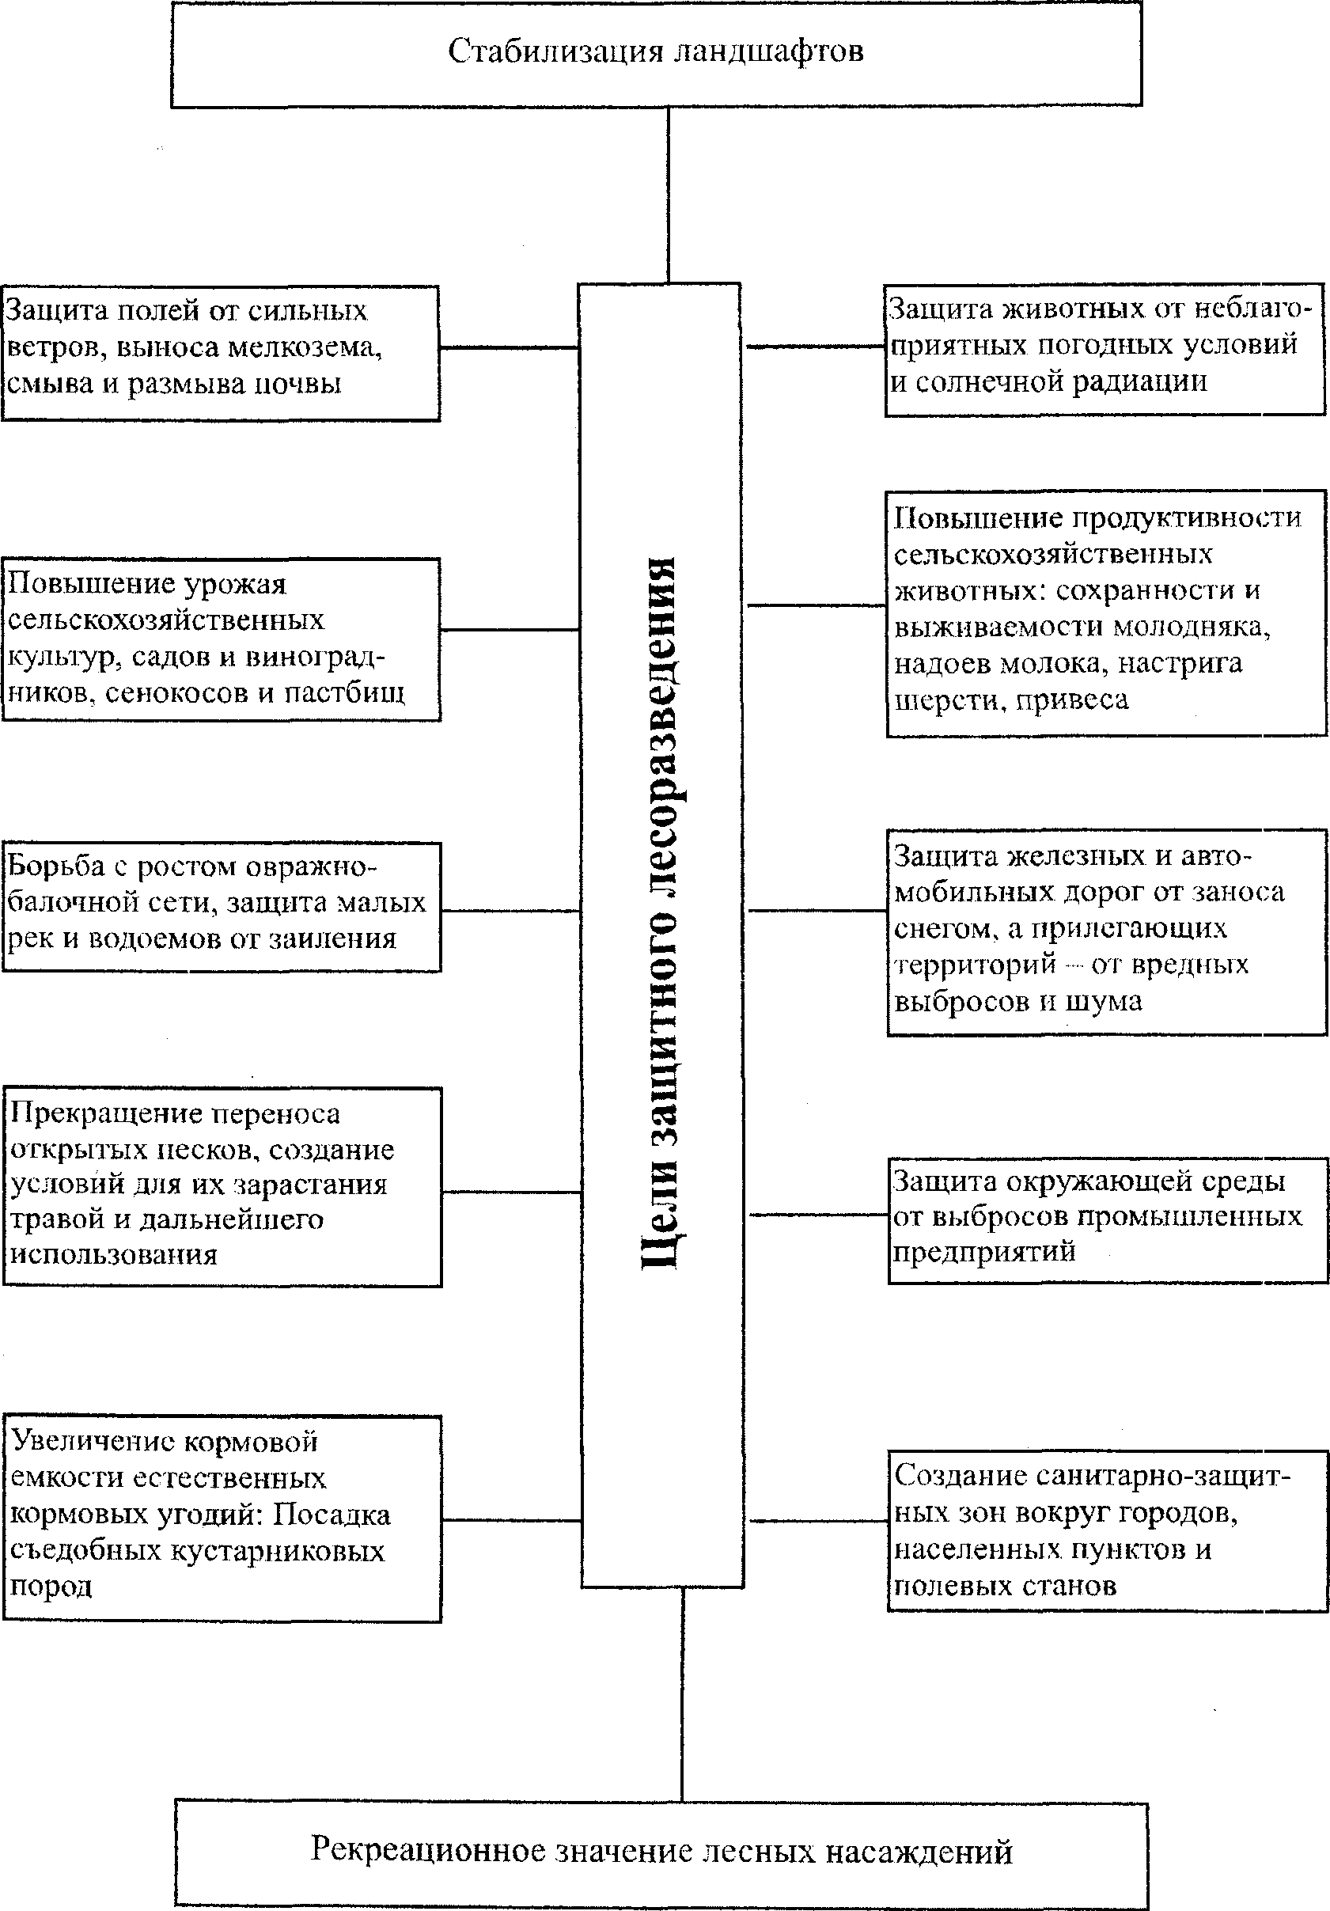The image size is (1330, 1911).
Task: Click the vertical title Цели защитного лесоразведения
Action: [x=662, y=912]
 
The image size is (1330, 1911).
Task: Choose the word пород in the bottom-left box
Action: [x=51, y=1587]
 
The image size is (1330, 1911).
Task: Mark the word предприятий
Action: [x=983, y=1252]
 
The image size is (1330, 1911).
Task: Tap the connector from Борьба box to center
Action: [x=510, y=911]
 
